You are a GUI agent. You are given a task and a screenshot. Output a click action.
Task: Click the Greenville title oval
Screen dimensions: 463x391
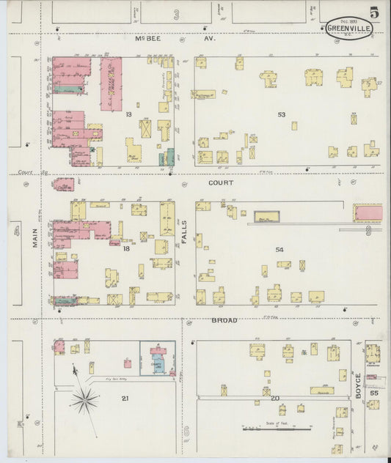(x=348, y=28)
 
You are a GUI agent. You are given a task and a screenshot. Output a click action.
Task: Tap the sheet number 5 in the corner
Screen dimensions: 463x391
(x=374, y=12)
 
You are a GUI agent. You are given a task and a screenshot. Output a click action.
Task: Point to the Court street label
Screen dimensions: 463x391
(x=220, y=182)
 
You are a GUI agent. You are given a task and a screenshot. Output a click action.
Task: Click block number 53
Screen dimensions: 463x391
(x=281, y=114)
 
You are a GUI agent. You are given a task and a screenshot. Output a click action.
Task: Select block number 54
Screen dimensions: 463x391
(x=279, y=250)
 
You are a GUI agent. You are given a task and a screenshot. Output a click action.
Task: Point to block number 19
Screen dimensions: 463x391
(x=128, y=114)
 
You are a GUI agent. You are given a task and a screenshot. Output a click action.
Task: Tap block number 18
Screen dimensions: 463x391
(x=126, y=249)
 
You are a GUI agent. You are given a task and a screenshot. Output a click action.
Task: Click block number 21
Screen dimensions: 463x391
(x=125, y=398)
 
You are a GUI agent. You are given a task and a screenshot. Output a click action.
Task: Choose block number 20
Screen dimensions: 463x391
(x=275, y=398)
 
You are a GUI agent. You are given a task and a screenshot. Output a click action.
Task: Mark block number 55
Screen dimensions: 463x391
(x=374, y=393)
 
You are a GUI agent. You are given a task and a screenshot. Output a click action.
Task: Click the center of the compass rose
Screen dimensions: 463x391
(x=85, y=399)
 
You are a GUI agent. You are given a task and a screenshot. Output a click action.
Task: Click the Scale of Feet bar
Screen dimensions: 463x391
(x=272, y=428)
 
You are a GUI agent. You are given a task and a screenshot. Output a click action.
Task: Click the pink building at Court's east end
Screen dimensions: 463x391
(x=368, y=212)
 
